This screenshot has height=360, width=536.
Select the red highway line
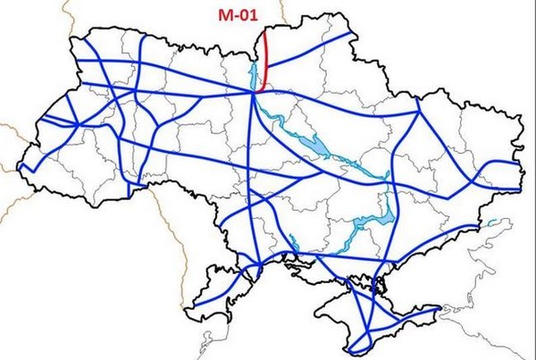pyautogui.click(x=267, y=63)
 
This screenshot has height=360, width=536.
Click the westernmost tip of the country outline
pyautogui.click(x=20, y=166)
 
